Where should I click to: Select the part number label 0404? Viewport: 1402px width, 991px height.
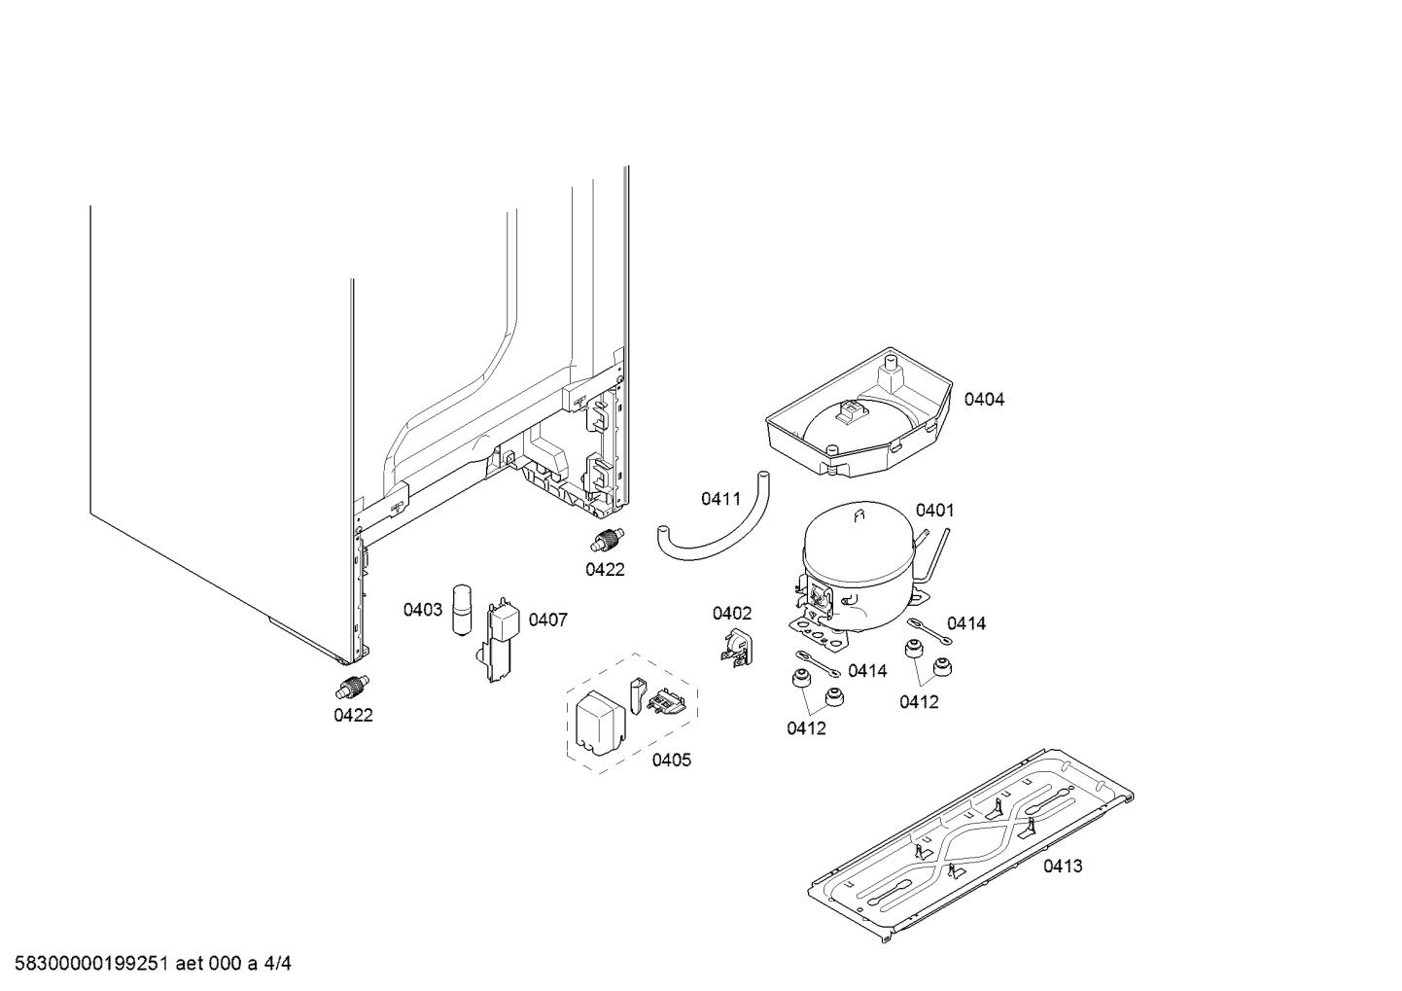[x=984, y=399]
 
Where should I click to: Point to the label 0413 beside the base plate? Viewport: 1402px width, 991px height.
[x=1063, y=866]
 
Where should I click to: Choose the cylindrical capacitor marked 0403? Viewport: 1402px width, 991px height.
[x=461, y=610]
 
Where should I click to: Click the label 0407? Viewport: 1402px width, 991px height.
[x=547, y=619]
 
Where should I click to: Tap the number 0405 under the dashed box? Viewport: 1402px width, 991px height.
[x=671, y=760]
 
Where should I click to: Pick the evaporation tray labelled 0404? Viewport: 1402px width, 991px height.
[x=856, y=413]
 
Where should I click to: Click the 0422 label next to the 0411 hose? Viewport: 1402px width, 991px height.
[x=605, y=570]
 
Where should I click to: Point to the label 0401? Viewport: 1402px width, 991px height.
[x=934, y=510]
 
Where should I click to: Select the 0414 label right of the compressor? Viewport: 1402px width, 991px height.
[x=965, y=623]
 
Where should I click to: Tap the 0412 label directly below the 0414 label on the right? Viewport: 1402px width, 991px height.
[x=919, y=701]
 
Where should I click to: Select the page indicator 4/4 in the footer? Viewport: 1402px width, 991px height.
[x=278, y=964]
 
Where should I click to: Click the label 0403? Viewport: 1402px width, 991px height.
[x=423, y=610]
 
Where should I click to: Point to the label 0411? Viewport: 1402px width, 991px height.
[x=720, y=499]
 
